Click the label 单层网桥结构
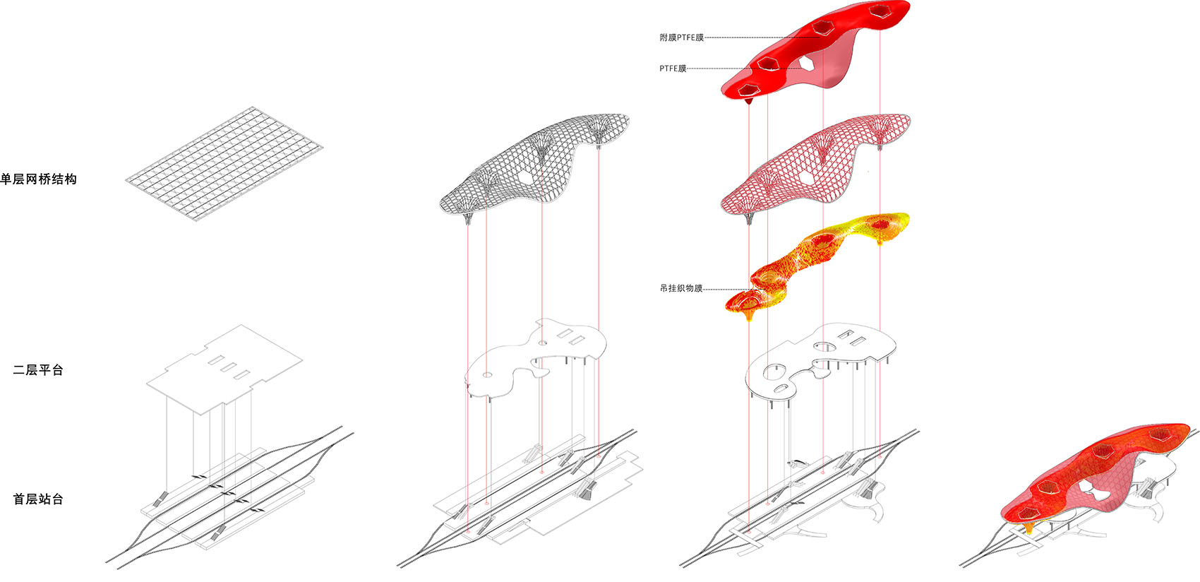[39, 179]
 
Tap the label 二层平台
[38, 370]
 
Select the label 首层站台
[38, 499]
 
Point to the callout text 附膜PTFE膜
[681, 37]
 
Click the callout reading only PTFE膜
[672, 69]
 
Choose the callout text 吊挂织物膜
[681, 288]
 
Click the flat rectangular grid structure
[224, 163]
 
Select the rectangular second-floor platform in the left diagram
[224, 369]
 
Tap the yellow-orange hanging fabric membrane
[817, 266]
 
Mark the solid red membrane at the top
[815, 51]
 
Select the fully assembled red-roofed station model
[1076, 493]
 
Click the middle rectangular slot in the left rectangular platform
[229, 367]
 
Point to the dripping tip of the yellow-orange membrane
[749, 319]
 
